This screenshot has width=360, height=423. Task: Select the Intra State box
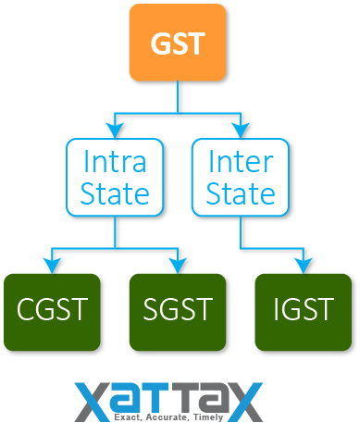[x=115, y=178]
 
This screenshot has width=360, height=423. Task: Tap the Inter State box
[x=241, y=178]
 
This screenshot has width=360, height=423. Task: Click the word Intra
[x=115, y=162]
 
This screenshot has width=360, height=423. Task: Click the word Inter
[x=241, y=162]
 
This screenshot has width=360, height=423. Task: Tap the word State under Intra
[x=115, y=194]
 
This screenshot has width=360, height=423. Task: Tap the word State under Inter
[x=241, y=194]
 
